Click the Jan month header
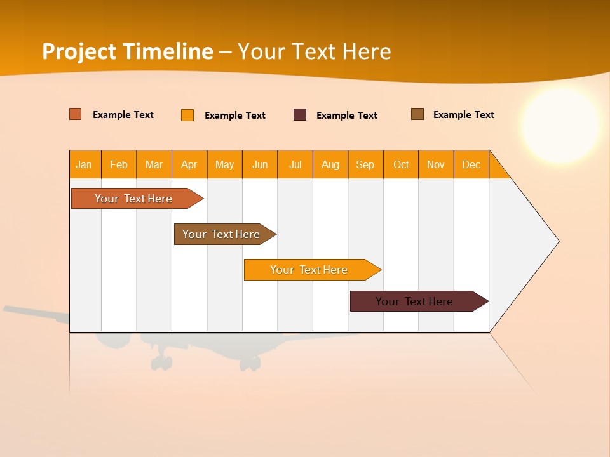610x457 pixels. (85, 164)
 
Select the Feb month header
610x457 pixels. (119, 164)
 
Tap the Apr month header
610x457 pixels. (189, 164)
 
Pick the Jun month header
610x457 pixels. (260, 164)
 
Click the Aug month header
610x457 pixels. (330, 164)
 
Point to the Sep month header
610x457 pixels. (365, 164)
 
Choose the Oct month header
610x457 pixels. (401, 164)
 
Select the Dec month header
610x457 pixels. (471, 164)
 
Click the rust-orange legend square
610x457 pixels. (76, 114)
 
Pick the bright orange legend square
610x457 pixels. (187, 115)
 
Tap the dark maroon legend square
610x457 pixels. (300, 115)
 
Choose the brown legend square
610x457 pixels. (417, 114)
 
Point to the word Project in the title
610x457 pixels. (79, 51)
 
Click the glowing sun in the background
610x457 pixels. (560, 125)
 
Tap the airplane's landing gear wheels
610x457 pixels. (161, 362)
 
